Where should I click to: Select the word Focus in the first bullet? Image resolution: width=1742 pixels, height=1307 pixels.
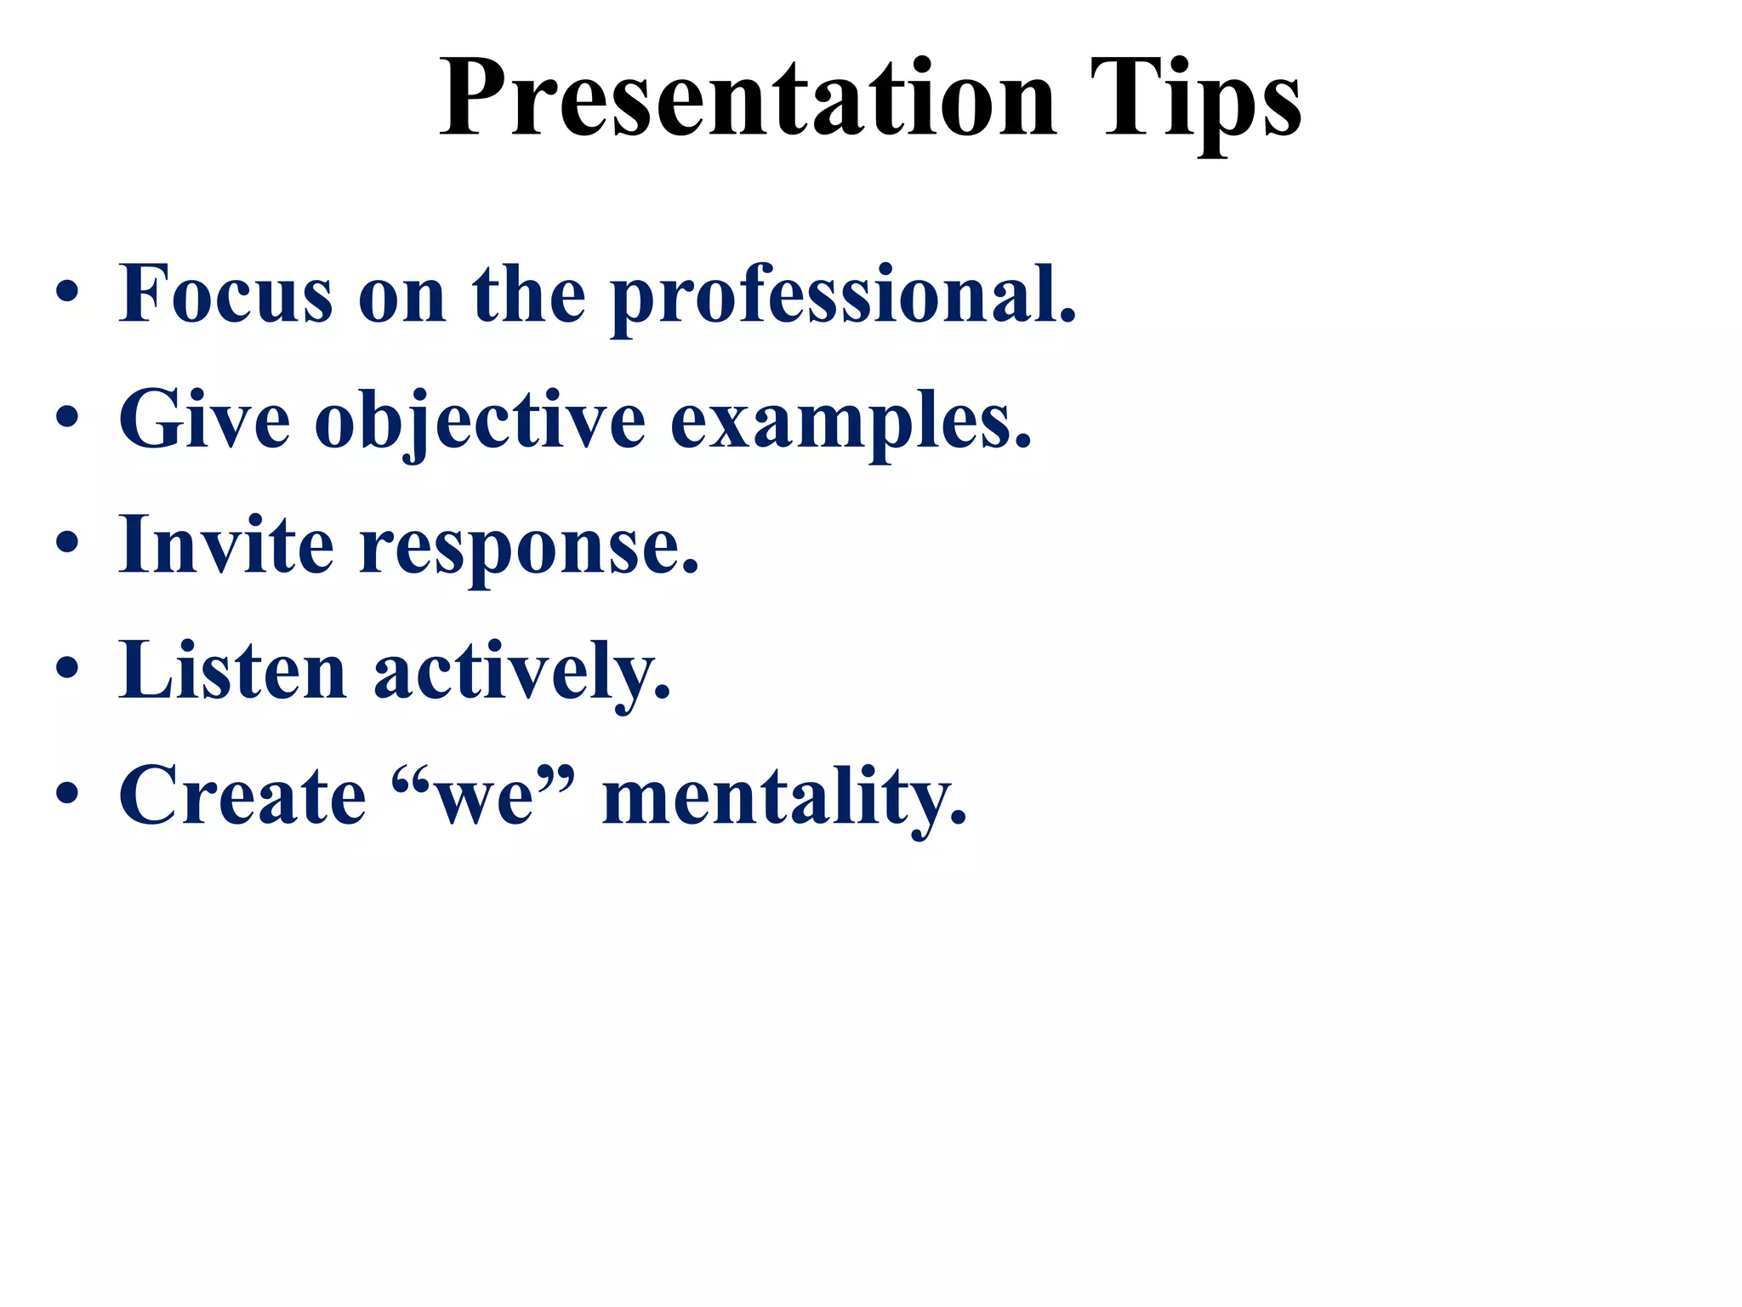coord(225,295)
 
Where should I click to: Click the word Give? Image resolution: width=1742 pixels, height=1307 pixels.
coord(204,419)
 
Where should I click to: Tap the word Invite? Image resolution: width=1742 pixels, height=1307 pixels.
coord(225,545)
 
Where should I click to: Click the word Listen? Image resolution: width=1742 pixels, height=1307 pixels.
coord(232,671)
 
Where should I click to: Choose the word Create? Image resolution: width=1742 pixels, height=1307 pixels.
coord(242,796)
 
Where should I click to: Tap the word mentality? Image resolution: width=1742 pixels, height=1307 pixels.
coord(784,798)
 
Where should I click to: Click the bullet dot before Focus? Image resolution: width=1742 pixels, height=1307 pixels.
coord(67,294)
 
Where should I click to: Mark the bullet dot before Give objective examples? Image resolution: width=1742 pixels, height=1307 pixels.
coord(67,419)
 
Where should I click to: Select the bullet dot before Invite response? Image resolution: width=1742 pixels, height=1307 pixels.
coord(67,545)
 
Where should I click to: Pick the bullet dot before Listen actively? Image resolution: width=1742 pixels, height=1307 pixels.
coord(67,671)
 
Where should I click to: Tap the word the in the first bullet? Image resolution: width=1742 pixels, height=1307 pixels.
coord(528,295)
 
